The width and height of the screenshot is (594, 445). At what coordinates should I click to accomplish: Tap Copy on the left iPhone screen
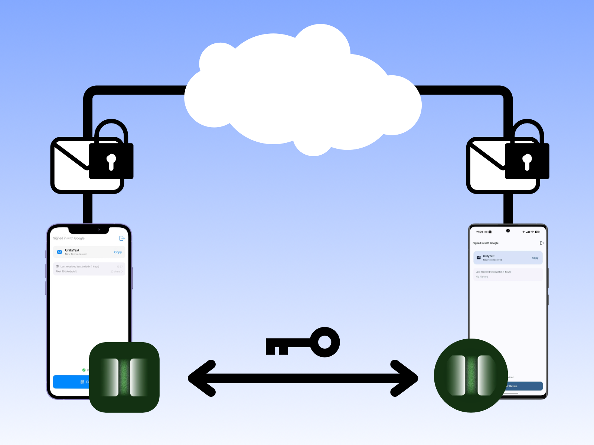[118, 252]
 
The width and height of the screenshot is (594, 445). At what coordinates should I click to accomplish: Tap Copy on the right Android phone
[535, 258]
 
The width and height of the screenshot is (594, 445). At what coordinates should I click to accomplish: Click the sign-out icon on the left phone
[121, 238]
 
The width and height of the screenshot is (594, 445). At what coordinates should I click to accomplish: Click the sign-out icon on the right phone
[542, 243]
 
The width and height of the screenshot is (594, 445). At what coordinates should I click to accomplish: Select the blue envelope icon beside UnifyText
[59, 252]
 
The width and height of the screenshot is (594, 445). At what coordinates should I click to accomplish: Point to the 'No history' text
[482, 277]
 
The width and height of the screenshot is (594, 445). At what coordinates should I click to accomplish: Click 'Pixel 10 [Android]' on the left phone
[66, 271]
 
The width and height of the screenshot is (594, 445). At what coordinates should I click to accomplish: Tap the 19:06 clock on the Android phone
[480, 232]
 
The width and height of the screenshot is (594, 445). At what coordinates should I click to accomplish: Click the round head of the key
[325, 342]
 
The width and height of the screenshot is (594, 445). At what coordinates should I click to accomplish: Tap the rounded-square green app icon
[124, 377]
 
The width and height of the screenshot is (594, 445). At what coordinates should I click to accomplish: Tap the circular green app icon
[471, 375]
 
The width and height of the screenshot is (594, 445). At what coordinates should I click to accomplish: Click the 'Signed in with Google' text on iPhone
[69, 238]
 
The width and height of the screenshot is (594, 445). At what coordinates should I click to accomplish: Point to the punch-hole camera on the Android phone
[508, 231]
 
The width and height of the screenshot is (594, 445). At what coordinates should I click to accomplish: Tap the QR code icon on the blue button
[82, 382]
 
